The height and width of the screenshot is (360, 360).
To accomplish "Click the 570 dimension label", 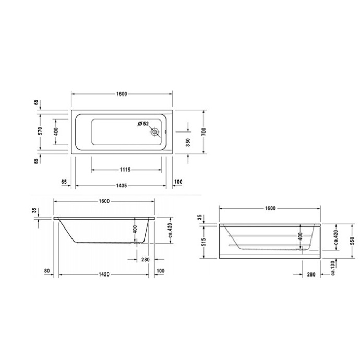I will pyautogui.click(x=39, y=131).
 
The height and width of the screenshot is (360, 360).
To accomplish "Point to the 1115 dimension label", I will pyautogui.click(x=125, y=170).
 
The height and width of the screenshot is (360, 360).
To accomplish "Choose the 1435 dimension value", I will pyautogui.click(x=122, y=186).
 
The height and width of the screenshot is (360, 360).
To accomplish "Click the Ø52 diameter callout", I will pyautogui.click(x=143, y=123).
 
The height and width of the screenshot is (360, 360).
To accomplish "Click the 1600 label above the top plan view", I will pyautogui.click(x=122, y=94).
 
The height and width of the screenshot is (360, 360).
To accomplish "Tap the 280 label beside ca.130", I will pyautogui.click(x=311, y=274).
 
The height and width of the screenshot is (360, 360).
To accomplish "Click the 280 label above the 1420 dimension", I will pyautogui.click(x=145, y=259).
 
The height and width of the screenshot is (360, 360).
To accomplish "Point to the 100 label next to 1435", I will pyautogui.click(x=178, y=182).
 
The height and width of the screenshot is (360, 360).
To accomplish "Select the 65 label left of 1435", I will pyautogui.click(x=65, y=182).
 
